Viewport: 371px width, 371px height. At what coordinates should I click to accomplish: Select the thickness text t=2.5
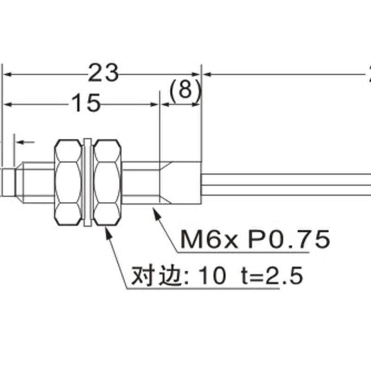(273, 277)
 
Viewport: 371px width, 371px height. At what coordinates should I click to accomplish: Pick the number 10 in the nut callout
(213, 277)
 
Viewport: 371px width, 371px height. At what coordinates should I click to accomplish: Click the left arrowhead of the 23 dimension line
(7, 74)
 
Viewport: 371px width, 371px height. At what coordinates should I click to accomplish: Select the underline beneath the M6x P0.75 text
(241, 253)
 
